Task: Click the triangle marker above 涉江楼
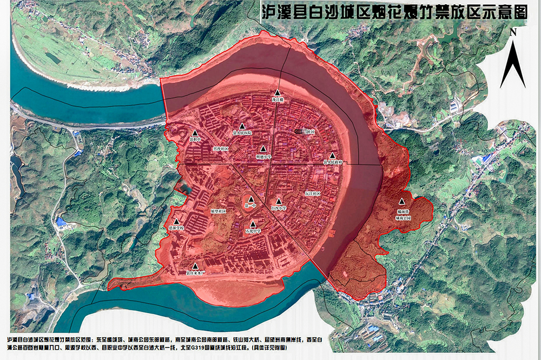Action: [x=277, y=93]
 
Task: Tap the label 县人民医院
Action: [x=242, y=132]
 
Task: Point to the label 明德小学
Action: [x=263, y=156]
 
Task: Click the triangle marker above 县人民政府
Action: [x=332, y=155]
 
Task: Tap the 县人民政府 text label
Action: [x=333, y=162]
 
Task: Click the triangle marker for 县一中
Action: [x=250, y=199]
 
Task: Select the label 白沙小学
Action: [x=279, y=207]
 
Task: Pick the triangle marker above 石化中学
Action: [x=253, y=224]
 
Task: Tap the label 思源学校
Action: [x=176, y=228]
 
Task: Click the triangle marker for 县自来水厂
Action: [x=195, y=265]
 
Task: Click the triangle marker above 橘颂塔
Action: [x=401, y=202]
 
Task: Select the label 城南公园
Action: [x=403, y=218]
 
